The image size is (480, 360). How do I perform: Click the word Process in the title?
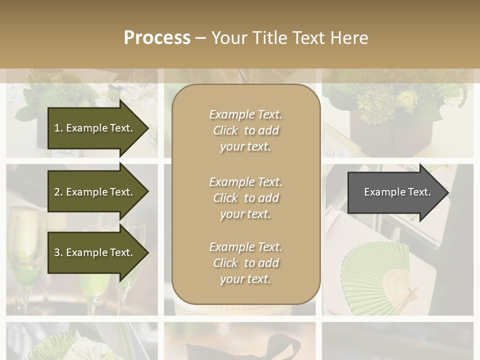pos(157,37)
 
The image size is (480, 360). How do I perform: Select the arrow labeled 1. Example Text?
pos(95,128)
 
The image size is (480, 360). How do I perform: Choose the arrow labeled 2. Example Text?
pos(95,192)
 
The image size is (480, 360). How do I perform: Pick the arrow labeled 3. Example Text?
pos(95,252)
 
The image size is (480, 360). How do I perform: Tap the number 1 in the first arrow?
pos(56,128)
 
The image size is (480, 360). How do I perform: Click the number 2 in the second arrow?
pos(56,192)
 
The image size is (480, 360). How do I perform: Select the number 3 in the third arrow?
pos(56,252)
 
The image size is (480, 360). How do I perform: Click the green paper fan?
pos(375,275)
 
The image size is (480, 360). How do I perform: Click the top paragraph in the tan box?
pos(245,130)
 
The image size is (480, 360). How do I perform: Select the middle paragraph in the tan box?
pos(245,197)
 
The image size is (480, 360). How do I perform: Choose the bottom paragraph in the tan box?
pos(245,263)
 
